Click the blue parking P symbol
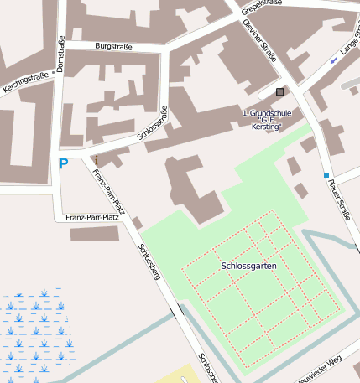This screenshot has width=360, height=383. pos(63,164)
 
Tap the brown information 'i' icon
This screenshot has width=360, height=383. pos(97,159)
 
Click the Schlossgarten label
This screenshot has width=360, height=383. pos(249,266)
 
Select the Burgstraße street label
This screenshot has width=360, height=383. pos(114,46)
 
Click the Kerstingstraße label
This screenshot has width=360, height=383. pos(25,81)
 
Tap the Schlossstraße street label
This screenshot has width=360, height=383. pos(152,122)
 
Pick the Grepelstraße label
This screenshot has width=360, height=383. pos(259,8)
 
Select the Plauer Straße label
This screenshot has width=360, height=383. pos(340,202)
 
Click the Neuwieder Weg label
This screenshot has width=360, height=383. pos(320,370)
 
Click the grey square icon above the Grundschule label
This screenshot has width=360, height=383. pos(280,91)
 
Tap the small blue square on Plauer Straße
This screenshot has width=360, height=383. pos(326,174)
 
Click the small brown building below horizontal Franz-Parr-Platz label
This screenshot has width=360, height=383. pos(94,233)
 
